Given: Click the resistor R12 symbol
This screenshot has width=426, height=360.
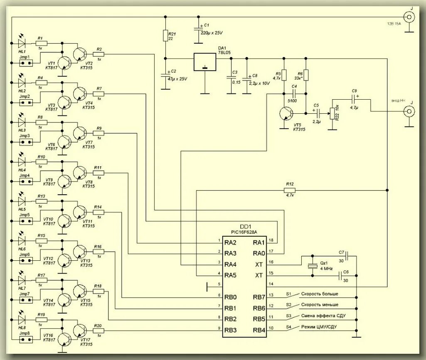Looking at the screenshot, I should click(x=290, y=190).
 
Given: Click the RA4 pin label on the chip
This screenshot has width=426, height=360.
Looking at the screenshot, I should click(x=231, y=264).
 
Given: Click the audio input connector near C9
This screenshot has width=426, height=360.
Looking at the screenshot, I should click(x=410, y=112).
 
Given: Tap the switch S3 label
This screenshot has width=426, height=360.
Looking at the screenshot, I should click(x=288, y=316).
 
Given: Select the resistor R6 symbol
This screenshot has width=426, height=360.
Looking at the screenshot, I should click(x=305, y=75).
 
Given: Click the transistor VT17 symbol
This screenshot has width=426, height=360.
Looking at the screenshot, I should click(x=80, y=331).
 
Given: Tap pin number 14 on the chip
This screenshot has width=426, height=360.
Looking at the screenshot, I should click(x=271, y=284).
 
